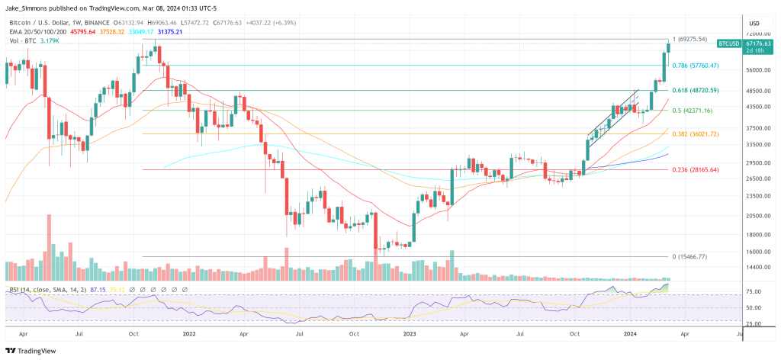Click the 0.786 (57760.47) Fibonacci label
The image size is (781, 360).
pos(695,66)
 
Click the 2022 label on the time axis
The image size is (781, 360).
pos(190,334)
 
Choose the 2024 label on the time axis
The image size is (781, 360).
pos(632,334)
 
